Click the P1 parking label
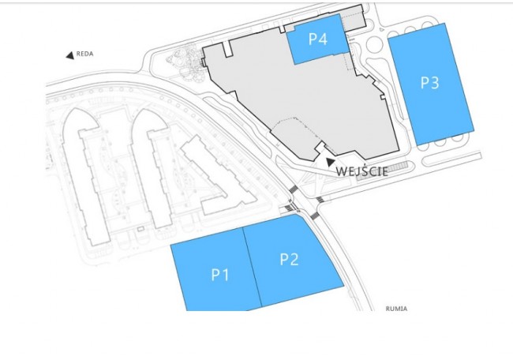[220, 274]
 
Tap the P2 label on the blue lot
[289, 259]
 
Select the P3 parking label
[429, 82]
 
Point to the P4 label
[318, 39]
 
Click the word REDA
[84, 54]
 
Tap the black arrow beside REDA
[70, 55]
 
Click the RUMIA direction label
[396, 309]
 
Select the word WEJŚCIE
[361, 171]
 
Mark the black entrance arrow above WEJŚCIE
[331, 162]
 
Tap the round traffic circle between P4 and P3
[374, 44]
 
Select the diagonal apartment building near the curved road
[218, 175]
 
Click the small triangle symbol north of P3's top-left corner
[382, 29]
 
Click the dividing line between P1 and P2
[253, 268]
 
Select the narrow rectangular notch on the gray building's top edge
[227, 48]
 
